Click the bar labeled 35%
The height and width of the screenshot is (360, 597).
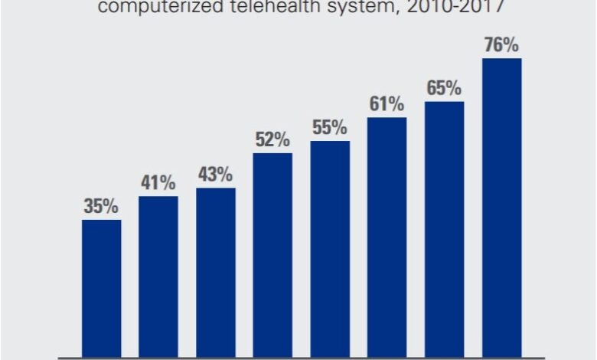click(101, 288)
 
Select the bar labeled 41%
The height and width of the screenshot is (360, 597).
click(158, 277)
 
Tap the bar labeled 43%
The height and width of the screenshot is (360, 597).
click(216, 272)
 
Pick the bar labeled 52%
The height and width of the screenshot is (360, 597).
click(272, 255)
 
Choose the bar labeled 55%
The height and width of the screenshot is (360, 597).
click(330, 249)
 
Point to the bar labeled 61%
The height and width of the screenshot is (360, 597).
click(387, 237)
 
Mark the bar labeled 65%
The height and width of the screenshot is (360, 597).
click(444, 229)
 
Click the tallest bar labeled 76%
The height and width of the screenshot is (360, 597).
click(501, 208)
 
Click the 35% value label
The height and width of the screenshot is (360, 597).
click(101, 206)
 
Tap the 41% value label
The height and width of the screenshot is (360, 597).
click(158, 183)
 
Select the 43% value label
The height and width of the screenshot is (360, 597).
click(216, 175)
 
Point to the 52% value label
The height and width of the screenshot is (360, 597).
click(272, 139)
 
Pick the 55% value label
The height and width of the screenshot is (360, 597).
click(330, 127)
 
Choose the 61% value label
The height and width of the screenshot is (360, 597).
click(387, 104)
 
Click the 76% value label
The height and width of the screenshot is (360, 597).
click(501, 45)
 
